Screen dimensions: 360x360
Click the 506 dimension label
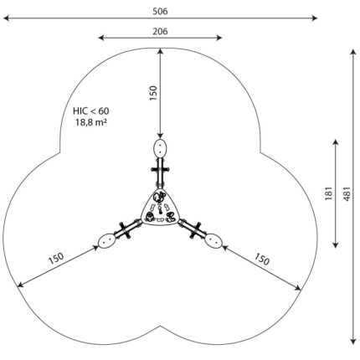coord(160,11)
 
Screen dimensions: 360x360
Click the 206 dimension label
coord(160,31)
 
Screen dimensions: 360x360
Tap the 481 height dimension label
coord(347,193)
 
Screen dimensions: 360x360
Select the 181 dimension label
coord(329,193)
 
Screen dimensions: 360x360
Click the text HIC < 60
coord(91,111)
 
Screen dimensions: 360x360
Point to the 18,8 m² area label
coord(91,122)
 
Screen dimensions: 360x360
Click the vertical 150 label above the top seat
coord(153,93)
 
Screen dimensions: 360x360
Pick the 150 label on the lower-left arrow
coord(56,259)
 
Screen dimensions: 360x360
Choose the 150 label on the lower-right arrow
coord(261,260)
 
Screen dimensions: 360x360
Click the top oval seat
coord(160,148)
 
